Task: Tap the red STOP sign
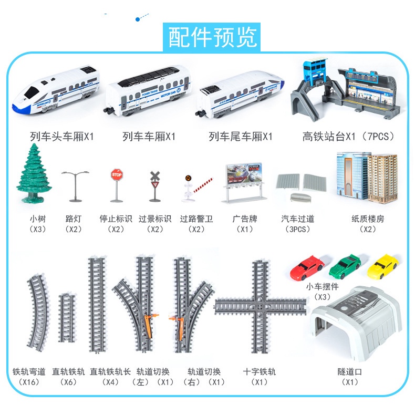(117, 175)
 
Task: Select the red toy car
(307, 267)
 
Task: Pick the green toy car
(345, 266)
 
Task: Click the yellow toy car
(383, 266)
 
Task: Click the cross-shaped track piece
(261, 307)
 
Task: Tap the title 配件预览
(212, 37)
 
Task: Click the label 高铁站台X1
(329, 137)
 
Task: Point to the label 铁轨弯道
(29, 371)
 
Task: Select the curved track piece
(39, 313)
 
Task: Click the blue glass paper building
(352, 175)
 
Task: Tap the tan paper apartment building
(382, 179)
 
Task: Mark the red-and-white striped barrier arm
(203, 185)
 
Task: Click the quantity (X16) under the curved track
(29, 382)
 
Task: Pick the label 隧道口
(350, 371)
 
